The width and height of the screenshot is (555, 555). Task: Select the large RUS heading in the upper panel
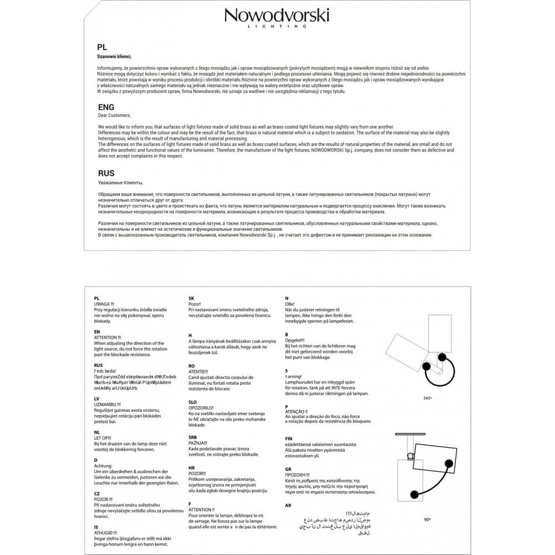tap(106, 173)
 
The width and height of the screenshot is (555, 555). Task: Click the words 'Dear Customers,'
tap(114, 115)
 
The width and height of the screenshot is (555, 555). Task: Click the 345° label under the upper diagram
tap(427, 398)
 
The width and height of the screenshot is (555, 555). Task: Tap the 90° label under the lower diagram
tap(427, 519)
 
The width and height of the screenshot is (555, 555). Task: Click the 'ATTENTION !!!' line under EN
tap(108, 337)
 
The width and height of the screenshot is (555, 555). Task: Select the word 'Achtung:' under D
tap(103, 466)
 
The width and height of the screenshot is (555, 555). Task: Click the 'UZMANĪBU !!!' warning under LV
tap(109, 403)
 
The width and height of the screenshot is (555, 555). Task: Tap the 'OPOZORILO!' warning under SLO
tap(203, 408)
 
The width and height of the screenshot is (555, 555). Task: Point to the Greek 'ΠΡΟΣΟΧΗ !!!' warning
tap(297, 475)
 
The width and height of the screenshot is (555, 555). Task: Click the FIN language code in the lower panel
tap(289, 438)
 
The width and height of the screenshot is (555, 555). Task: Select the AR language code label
tap(287, 506)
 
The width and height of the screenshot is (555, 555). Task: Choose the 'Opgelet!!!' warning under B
tap(295, 340)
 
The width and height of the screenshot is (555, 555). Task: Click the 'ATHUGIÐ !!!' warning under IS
tap(106, 532)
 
